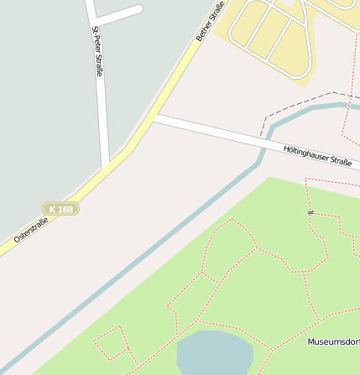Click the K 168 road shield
coord(60,209)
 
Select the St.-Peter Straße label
coord(97,51)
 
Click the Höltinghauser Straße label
coord(317,155)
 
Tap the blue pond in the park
coord(214,352)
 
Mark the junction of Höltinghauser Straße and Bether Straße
coord(155,118)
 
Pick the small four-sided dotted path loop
coord(112,345)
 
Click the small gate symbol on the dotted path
coord(310,212)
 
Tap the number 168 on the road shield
coord(65,209)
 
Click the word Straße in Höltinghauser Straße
coord(340,160)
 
